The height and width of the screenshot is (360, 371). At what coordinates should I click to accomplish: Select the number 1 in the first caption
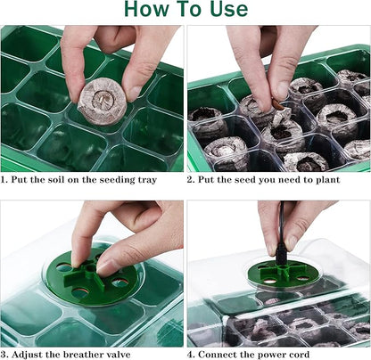[x=4, y=179]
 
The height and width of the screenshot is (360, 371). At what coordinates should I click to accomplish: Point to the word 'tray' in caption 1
[x=145, y=179]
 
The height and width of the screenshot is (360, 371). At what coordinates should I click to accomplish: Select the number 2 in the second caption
[x=191, y=179]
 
